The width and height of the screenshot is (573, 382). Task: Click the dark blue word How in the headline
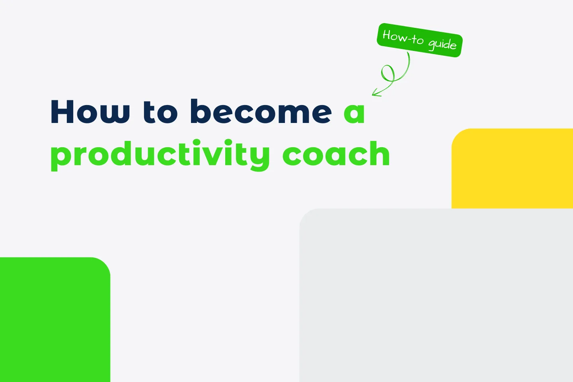coord(90,112)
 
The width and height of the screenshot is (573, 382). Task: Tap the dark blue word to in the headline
coord(160,112)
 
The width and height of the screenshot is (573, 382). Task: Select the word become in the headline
coord(261,112)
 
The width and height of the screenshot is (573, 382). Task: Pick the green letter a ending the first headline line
coord(354,113)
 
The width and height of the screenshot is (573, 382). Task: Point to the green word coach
coord(336,154)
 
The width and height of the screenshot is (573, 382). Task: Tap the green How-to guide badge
coord(419,40)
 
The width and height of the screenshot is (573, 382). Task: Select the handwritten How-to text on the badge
coord(403,37)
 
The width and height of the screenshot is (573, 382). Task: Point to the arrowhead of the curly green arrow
coord(374,94)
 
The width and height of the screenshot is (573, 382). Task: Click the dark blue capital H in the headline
coord(64,112)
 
